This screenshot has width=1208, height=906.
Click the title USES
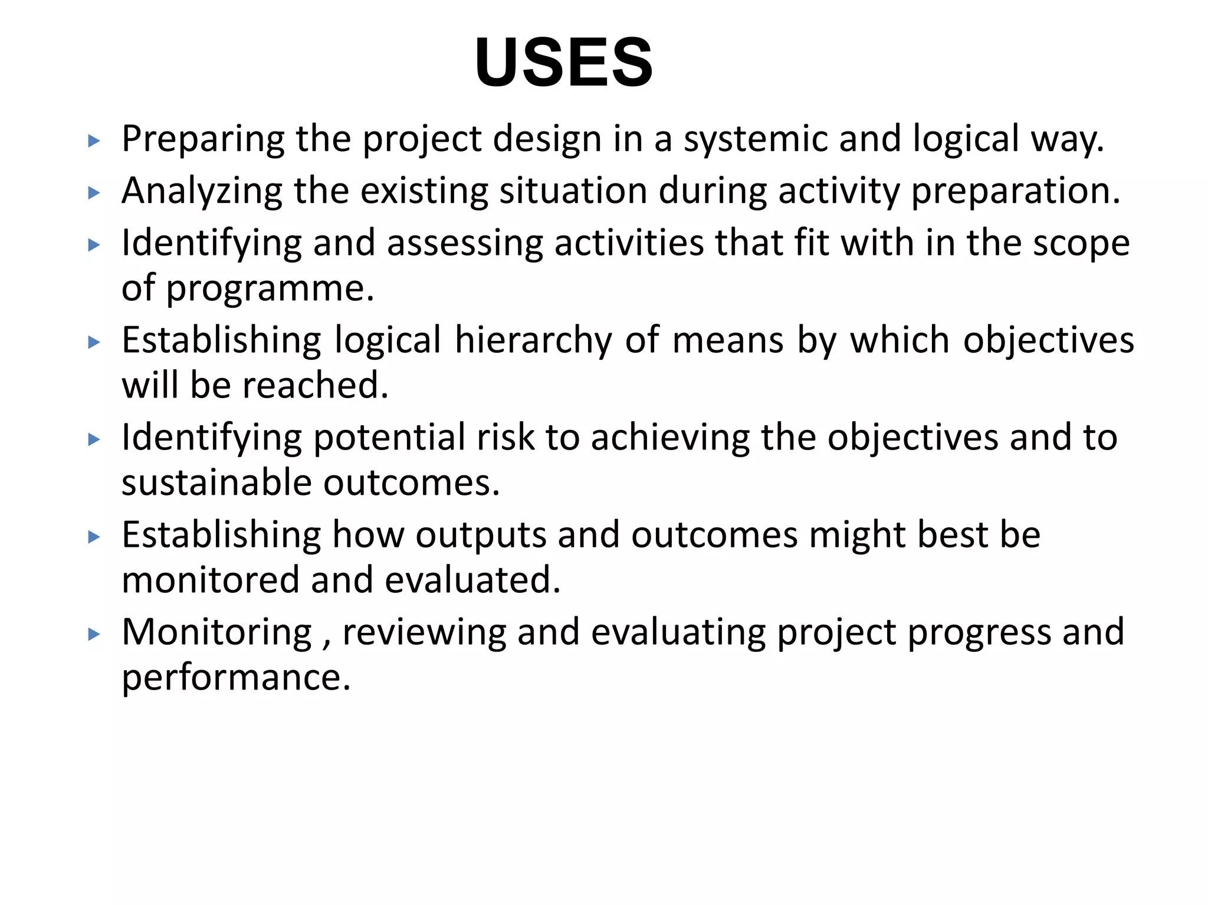pyautogui.click(x=563, y=63)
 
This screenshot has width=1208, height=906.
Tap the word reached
pyautogui.click(x=316, y=386)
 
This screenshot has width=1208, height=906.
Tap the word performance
pyautogui.click(x=236, y=678)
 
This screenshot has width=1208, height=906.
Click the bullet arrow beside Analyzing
pyautogui.click(x=94, y=193)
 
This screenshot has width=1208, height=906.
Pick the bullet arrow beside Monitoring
pyautogui.click(x=94, y=635)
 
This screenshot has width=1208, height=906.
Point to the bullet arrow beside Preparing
pyautogui.click(x=94, y=141)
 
